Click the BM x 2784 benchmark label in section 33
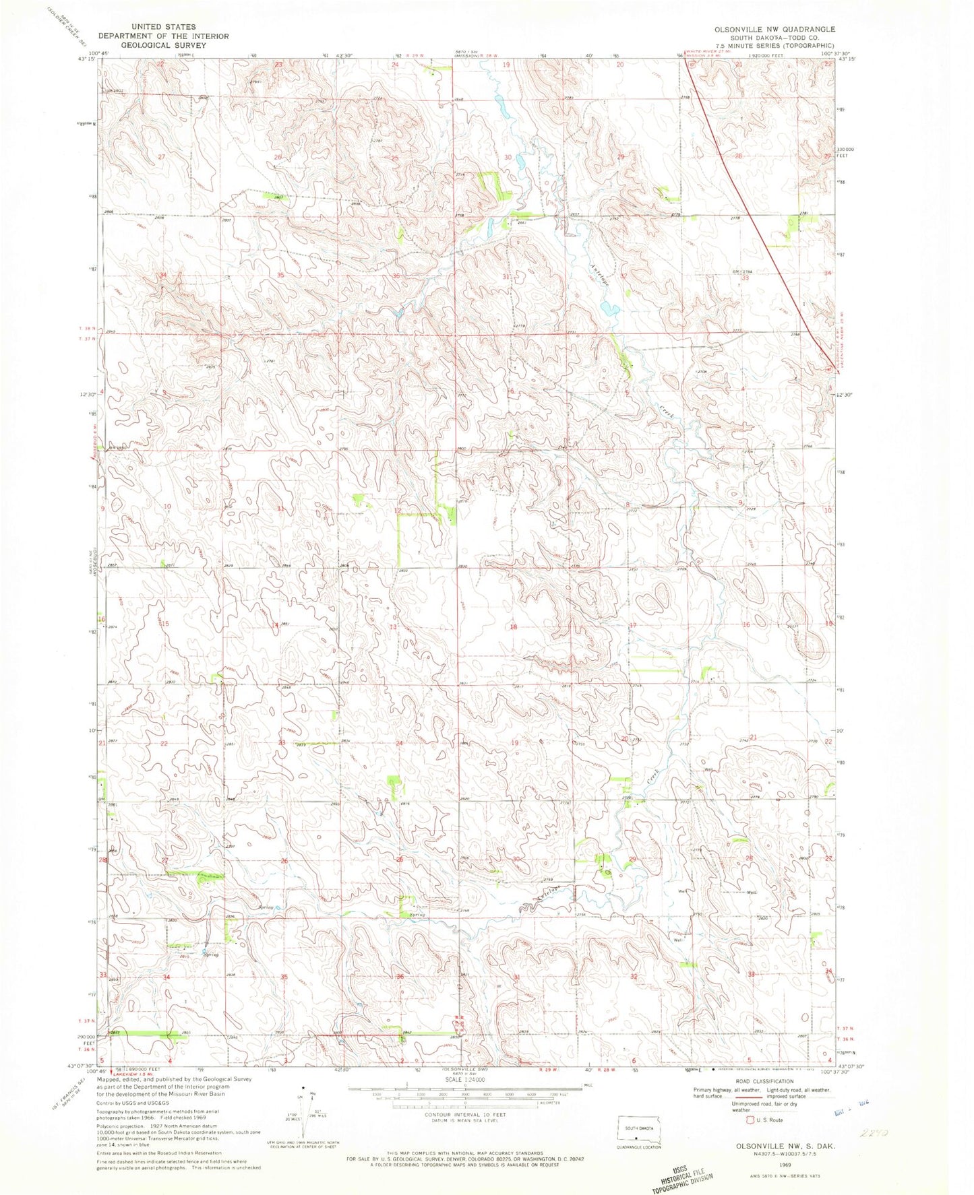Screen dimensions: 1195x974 [741, 271]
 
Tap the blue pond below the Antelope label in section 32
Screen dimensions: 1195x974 [611, 309]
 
